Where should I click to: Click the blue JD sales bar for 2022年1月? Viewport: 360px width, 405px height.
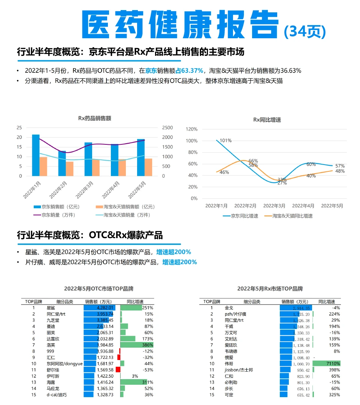coord(36,155)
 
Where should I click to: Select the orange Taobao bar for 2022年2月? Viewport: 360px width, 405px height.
coord(70,168)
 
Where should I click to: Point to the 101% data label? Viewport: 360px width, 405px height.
coord(226,141)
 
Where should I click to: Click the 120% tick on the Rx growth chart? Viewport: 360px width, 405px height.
coord(191,129)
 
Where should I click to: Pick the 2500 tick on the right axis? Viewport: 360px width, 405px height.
coord(167,127)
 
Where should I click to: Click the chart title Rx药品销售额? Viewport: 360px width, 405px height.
coord(94,118)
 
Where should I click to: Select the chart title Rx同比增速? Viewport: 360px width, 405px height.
coord(267,120)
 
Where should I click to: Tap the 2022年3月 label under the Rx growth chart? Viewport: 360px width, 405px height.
coord(274,206)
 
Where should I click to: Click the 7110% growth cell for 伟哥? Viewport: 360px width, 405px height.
coord(333,364)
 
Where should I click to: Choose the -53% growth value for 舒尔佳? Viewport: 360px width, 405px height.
coord(148,370)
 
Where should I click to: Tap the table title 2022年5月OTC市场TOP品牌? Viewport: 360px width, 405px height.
coord(99,289)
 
